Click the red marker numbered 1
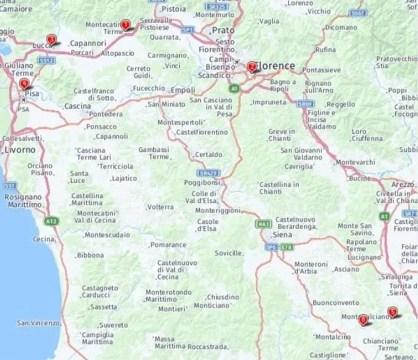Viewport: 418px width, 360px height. tap(126, 25)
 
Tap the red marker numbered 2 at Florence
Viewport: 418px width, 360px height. tap(252, 66)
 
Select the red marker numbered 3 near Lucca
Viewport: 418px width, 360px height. tap(51, 40)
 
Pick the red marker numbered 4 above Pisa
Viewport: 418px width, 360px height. tap(24, 84)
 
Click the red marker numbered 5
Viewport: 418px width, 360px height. tap(392, 312)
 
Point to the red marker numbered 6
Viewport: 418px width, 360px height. tap(363, 319)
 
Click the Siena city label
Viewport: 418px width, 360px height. tap(282, 234)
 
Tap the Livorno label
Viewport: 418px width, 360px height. tap(19, 150)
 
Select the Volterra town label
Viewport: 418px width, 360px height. tap(161, 207)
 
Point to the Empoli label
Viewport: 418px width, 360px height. tap(182, 89)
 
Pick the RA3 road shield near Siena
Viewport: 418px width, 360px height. tap(263, 224)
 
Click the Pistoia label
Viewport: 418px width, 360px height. tap(173, 9)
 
